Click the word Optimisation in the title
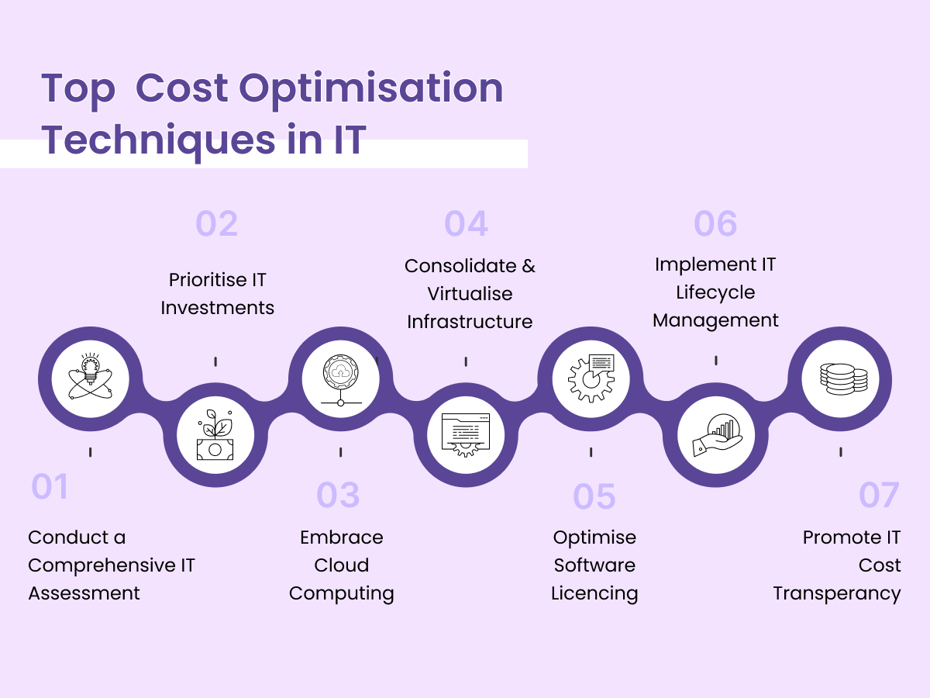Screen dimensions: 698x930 [370, 89]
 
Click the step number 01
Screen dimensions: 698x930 [50, 487]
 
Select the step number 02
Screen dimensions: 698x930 [217, 223]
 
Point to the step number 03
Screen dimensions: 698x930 [339, 496]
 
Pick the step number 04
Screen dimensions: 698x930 [467, 223]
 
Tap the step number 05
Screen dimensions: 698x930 [594, 497]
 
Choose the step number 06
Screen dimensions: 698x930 [715, 223]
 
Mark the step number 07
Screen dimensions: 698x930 [879, 496]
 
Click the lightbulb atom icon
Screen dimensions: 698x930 [90, 379]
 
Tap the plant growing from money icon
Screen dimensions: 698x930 [215, 435]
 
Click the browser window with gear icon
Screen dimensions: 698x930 [465, 435]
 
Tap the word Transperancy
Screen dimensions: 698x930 [837, 594]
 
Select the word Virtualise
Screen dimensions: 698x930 [470, 294]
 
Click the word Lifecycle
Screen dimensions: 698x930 [715, 292]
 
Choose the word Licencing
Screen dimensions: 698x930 [594, 594]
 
